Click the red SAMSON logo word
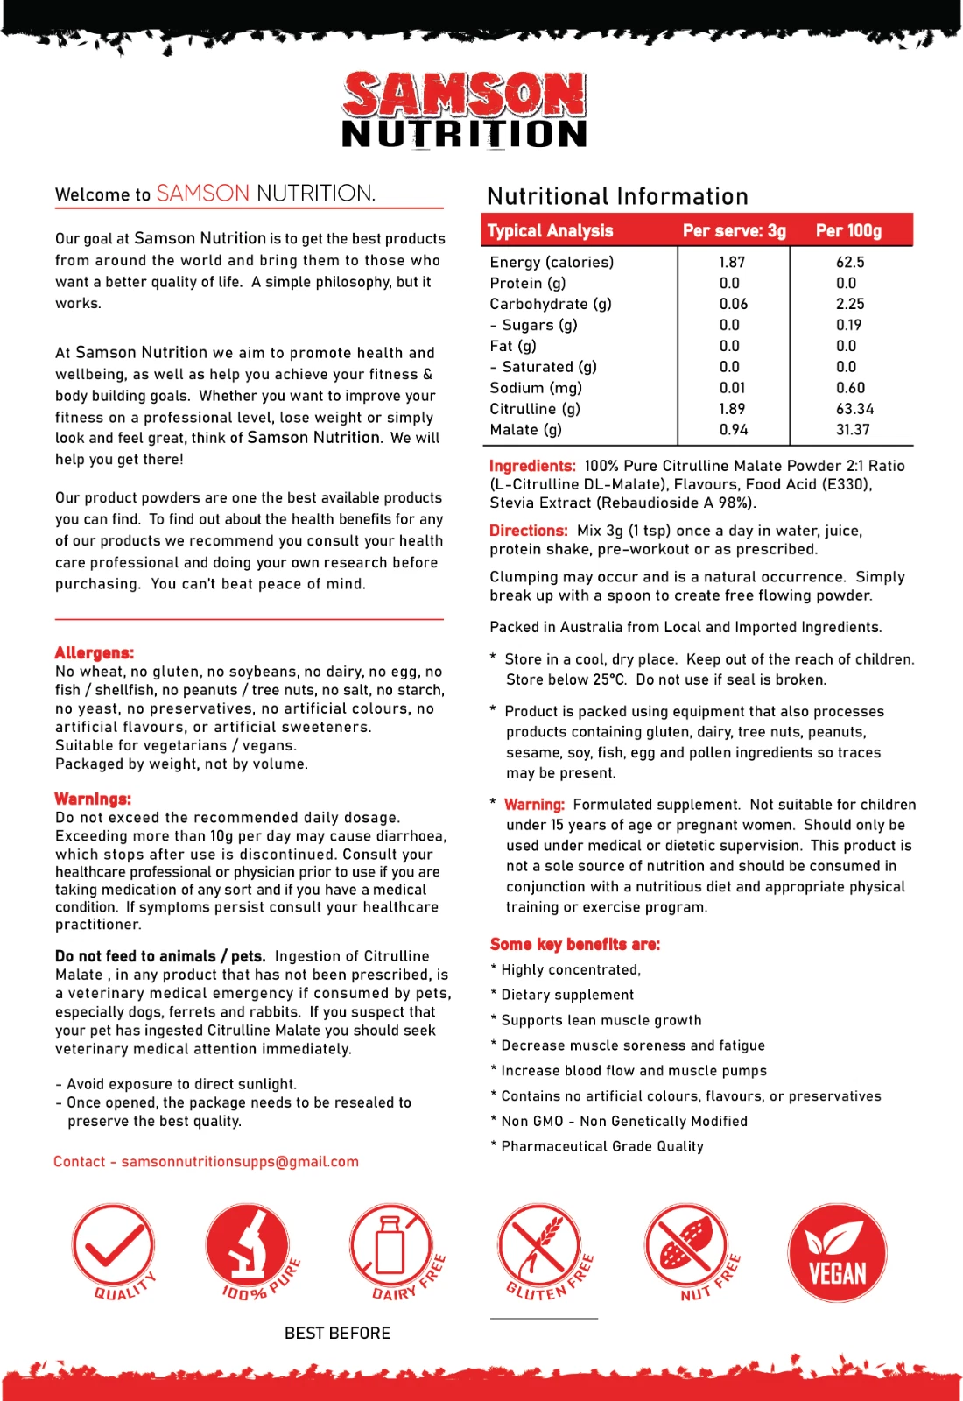[x=464, y=95]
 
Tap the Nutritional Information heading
[x=617, y=196]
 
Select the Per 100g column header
[x=848, y=231]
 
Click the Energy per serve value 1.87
[x=732, y=262]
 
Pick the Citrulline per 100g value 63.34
[x=854, y=409]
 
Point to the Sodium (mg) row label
[x=536, y=388]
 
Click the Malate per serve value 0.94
[x=732, y=430]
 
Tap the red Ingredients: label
[x=532, y=466]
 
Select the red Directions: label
[x=529, y=531]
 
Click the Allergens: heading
[x=95, y=653]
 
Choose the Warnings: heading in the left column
[x=93, y=799]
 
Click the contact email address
[x=240, y=1162]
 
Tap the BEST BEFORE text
[x=338, y=1334]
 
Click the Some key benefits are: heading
[x=575, y=944]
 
